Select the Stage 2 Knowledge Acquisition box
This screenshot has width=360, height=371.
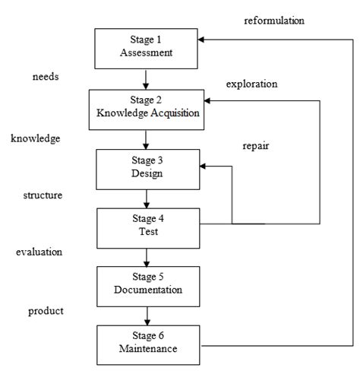[x=144, y=107]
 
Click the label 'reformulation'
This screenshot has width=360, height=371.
[x=274, y=21]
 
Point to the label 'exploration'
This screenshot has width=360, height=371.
[x=252, y=83]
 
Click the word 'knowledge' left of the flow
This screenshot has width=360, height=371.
[x=36, y=138]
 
